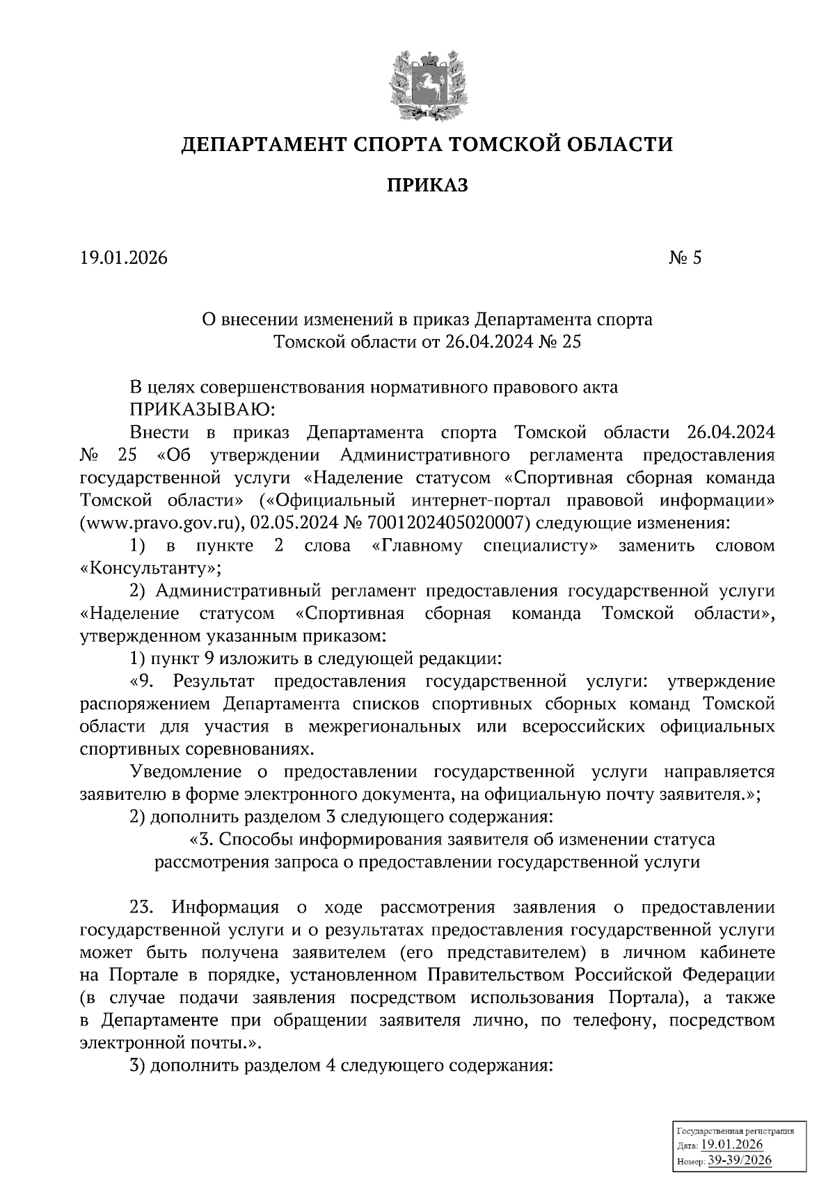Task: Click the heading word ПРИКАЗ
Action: [x=427, y=184]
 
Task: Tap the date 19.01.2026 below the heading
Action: [x=124, y=258]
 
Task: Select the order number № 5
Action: [x=685, y=258]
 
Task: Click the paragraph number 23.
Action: [x=144, y=907]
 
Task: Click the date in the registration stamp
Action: [x=732, y=1145]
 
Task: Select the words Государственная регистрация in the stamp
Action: [x=735, y=1132]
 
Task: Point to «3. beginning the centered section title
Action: [x=202, y=840]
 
